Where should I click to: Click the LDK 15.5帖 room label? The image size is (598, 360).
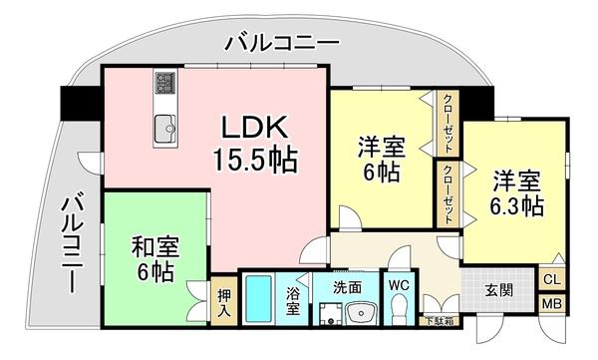click(255, 142)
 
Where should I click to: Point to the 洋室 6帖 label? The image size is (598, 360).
click(382, 160)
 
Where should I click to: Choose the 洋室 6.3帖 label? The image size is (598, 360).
click(515, 193)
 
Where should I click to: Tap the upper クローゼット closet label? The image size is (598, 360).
click(447, 121)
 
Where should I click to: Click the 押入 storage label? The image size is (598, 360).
click(224, 303)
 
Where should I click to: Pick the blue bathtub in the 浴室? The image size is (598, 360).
click(260, 299)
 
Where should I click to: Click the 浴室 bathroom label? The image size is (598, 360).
click(293, 301)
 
